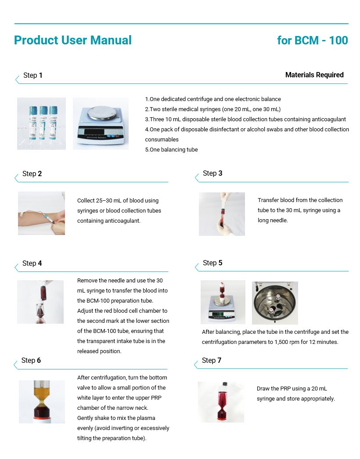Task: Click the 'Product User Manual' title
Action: (x=73, y=40)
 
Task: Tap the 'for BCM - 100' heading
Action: (x=312, y=40)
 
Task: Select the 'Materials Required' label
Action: (x=314, y=75)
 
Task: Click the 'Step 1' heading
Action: (x=33, y=75)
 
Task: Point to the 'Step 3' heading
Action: (x=212, y=173)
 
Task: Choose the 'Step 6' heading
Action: (x=31, y=360)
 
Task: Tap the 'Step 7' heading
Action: (x=212, y=360)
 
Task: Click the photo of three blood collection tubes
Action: (x=42, y=123)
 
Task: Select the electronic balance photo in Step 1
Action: (x=101, y=123)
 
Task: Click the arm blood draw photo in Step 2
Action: (x=42, y=213)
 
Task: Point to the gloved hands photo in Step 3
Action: (x=222, y=214)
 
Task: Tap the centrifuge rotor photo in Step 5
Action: (x=275, y=303)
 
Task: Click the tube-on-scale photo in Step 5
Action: (x=223, y=302)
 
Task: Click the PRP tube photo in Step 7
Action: (x=221, y=402)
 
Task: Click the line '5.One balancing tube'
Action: (x=172, y=150)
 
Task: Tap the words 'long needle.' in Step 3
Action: (x=273, y=220)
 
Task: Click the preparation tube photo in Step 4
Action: (x=40, y=302)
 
